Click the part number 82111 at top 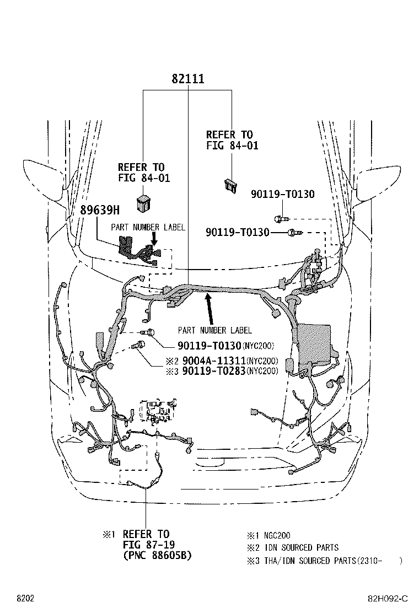(187, 79)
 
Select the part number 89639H (100, 211)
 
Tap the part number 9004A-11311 (214, 361)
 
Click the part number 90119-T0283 (214, 370)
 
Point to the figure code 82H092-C (388, 599)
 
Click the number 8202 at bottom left (25, 599)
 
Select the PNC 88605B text (158, 556)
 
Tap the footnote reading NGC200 (277, 536)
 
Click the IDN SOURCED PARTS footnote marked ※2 (301, 548)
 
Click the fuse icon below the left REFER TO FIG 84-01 (143, 203)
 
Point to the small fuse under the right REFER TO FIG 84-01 (230, 186)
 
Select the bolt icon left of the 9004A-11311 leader (138, 345)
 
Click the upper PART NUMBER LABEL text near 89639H (148, 228)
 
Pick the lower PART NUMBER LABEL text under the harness (214, 331)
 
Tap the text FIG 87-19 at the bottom (149, 545)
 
